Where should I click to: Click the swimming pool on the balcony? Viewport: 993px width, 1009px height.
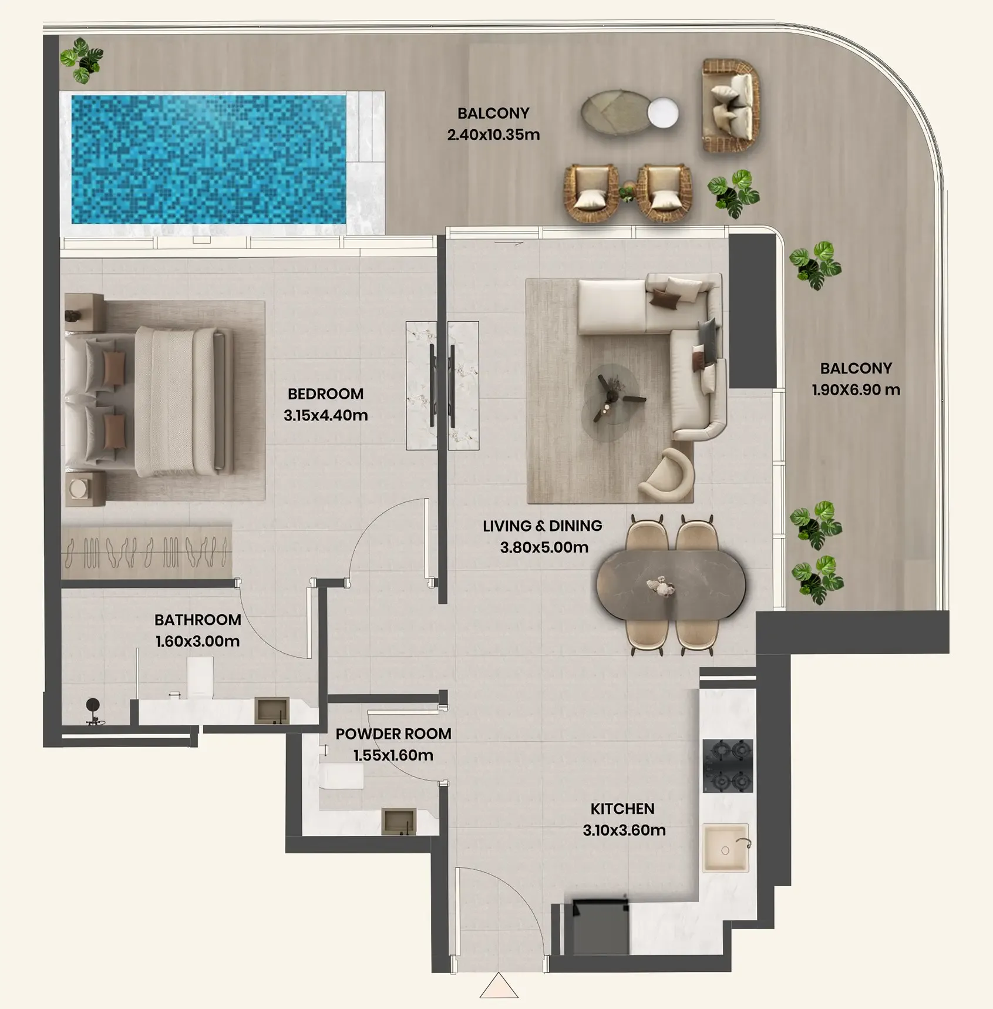point(208,159)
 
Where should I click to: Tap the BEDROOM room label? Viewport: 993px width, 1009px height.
point(325,393)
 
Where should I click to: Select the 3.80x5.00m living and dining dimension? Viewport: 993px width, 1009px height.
point(544,547)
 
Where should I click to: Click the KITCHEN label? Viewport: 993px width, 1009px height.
point(622,809)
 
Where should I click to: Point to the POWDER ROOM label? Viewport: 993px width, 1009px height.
point(393,734)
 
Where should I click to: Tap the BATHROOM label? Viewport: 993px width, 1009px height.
point(197,620)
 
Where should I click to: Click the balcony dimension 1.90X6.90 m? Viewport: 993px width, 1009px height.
point(856,389)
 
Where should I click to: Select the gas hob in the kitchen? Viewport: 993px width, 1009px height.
point(728,766)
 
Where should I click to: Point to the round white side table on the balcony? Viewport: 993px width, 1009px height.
point(662,113)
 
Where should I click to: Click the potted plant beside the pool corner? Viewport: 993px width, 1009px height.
point(82,60)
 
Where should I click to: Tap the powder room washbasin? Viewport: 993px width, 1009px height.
point(399,821)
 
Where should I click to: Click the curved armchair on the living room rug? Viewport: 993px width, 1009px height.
point(667,475)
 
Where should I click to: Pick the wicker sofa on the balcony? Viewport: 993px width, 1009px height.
point(731,106)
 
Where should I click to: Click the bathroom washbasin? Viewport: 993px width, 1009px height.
point(272,711)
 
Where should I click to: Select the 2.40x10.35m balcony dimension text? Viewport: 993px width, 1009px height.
point(493,134)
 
